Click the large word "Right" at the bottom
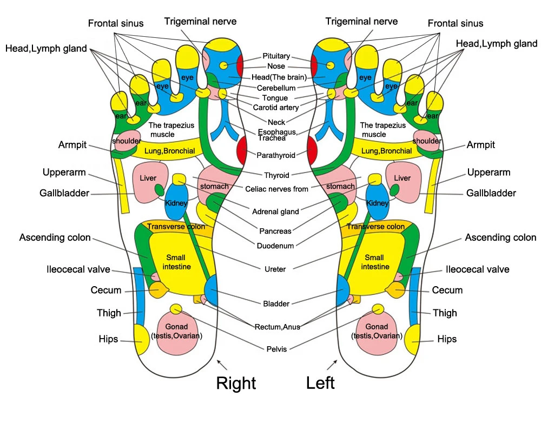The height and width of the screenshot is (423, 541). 236,383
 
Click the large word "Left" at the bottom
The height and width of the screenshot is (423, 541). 320,383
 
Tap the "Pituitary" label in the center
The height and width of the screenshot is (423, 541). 276,56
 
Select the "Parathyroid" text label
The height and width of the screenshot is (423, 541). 276,155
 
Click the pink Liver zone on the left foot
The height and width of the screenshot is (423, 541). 404,182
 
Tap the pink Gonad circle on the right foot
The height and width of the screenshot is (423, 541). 177,333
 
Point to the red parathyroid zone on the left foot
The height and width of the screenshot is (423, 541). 312,150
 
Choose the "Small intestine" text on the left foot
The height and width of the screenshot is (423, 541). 375,262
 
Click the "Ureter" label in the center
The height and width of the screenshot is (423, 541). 275,269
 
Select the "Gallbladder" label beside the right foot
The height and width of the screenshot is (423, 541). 64,193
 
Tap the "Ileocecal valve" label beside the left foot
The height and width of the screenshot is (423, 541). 478,269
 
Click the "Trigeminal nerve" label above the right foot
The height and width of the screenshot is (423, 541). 200,22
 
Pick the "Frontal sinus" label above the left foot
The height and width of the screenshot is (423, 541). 456,23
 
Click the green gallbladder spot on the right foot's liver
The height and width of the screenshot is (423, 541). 159,190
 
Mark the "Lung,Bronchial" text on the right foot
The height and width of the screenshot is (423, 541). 169,151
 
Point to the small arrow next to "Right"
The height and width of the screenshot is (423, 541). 222,365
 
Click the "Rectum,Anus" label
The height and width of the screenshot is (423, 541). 278,327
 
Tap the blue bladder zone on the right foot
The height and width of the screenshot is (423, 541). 211,290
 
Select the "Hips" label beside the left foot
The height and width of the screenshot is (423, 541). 447,339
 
